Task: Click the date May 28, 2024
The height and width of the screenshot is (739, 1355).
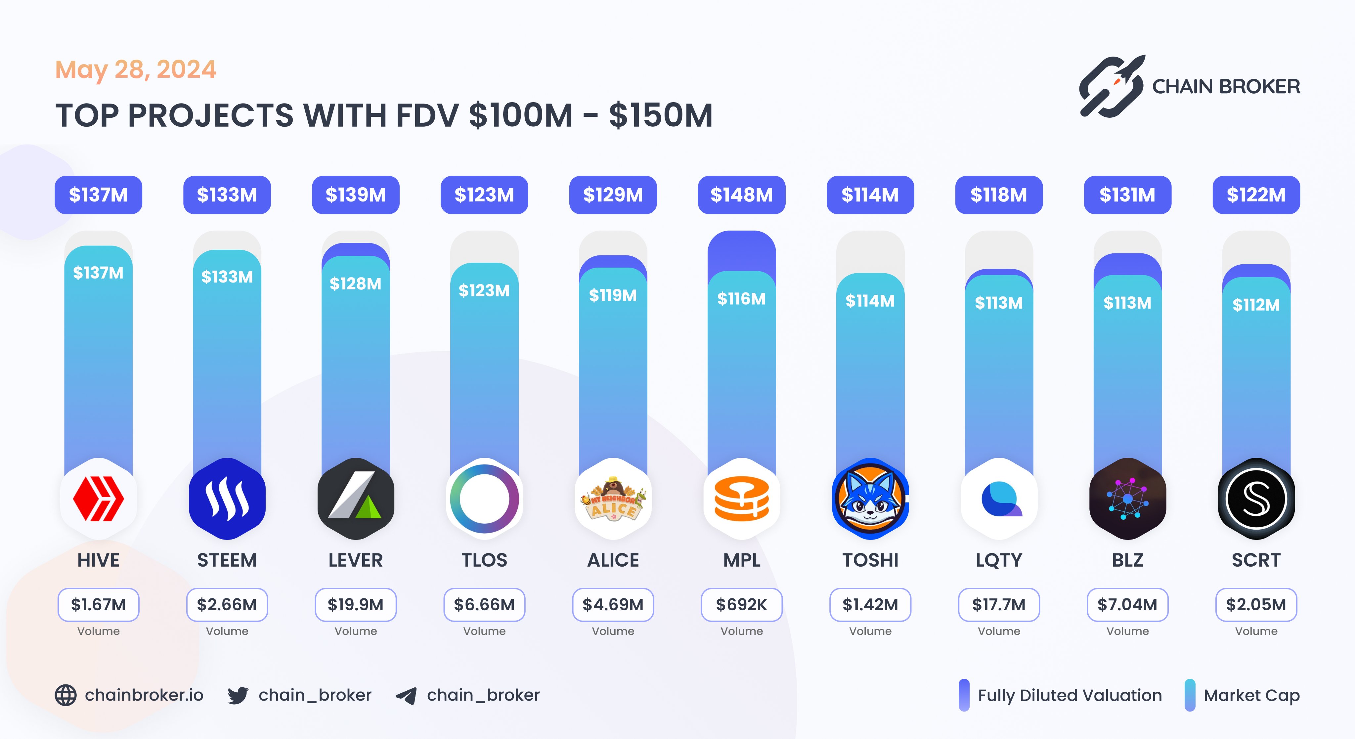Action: [136, 70]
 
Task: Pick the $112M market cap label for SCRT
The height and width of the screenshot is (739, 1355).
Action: [1255, 305]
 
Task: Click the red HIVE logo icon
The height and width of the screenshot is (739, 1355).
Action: [98, 499]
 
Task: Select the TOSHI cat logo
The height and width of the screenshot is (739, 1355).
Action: [870, 499]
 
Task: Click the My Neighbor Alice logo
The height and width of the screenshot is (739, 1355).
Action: [613, 499]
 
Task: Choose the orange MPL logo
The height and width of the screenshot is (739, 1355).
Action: [741, 499]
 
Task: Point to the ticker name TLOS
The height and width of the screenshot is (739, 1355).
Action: [484, 560]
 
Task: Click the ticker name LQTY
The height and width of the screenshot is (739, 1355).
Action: [998, 560]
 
